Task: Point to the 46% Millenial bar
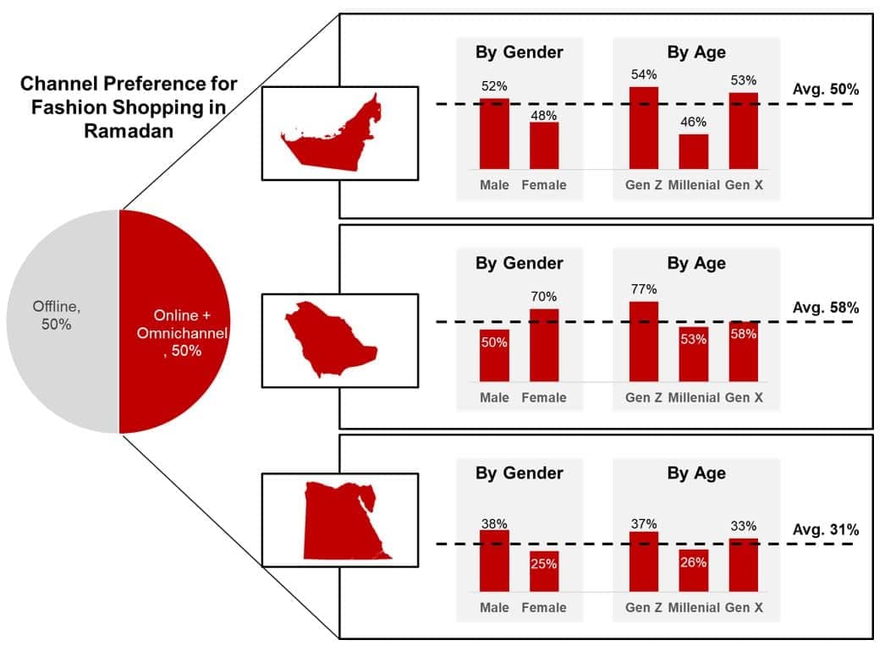[x=693, y=151]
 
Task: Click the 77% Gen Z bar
[x=643, y=342]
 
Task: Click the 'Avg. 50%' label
[x=826, y=88]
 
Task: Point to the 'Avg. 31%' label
[x=826, y=530]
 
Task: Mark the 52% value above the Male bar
[x=494, y=86]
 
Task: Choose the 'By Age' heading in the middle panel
[x=695, y=263]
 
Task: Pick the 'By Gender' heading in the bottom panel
[x=519, y=473]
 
